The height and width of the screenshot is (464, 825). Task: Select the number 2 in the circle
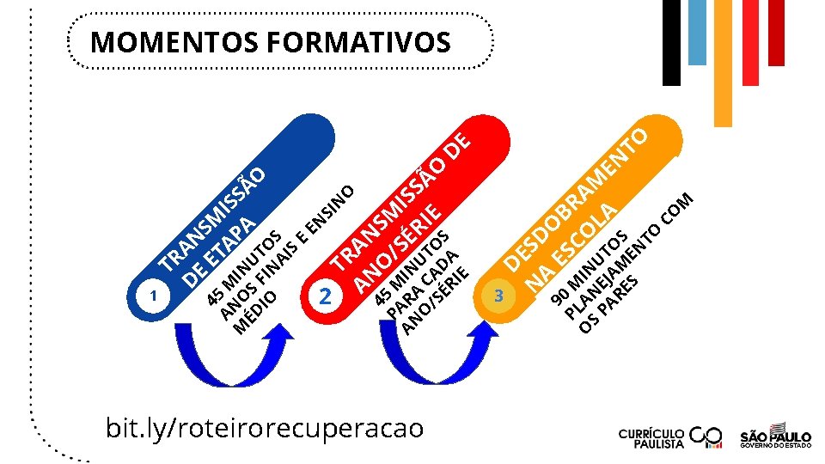click(325, 296)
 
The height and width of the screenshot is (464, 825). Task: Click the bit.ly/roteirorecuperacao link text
click(265, 427)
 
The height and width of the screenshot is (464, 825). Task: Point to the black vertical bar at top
click(671, 43)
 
